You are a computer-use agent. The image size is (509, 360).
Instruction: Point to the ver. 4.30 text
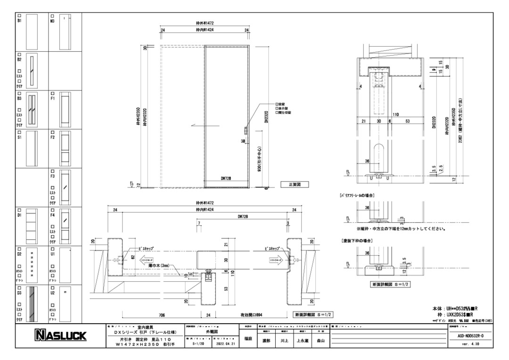pyautogui.click(x=470, y=344)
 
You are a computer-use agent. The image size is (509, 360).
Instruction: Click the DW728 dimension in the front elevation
pyautogui.click(x=227, y=178)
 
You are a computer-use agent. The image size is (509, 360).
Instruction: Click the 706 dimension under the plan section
pyautogui.click(x=162, y=314)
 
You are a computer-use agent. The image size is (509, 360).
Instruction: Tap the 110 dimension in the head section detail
pyautogui.click(x=394, y=114)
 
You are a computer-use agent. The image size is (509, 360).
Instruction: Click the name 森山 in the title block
pyautogui.click(x=320, y=340)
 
